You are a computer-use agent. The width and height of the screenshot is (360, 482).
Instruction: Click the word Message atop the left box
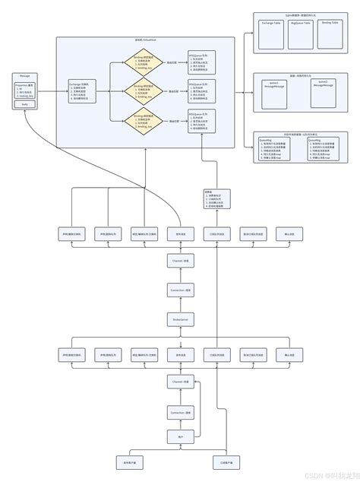(x=25, y=77)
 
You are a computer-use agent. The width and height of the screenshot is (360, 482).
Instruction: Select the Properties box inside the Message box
(x=25, y=92)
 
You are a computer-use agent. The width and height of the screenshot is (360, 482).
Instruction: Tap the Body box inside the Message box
(x=25, y=105)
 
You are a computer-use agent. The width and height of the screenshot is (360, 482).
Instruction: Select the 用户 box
(x=181, y=437)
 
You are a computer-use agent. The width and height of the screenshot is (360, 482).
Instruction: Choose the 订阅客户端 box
(x=227, y=462)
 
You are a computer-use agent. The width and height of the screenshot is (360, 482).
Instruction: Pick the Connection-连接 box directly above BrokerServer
(x=181, y=291)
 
